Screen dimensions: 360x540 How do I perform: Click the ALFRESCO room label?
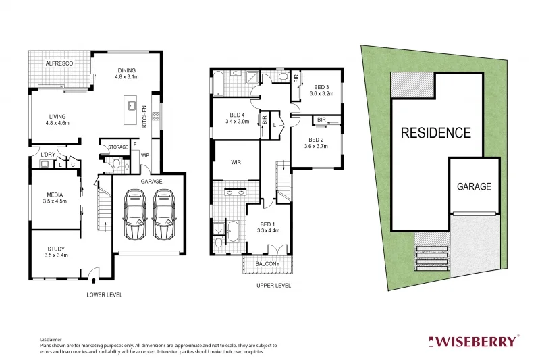click(59, 63)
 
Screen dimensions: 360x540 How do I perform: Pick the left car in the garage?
click(134, 215)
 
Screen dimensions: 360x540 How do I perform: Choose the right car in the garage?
click(164, 215)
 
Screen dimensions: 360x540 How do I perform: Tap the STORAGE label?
click(118, 147)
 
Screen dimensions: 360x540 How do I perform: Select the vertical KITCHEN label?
click(144, 117)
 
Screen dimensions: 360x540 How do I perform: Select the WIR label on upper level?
click(236, 163)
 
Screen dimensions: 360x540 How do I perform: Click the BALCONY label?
click(267, 264)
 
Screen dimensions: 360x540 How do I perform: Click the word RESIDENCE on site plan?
click(436, 133)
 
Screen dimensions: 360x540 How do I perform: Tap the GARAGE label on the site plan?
click(474, 186)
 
